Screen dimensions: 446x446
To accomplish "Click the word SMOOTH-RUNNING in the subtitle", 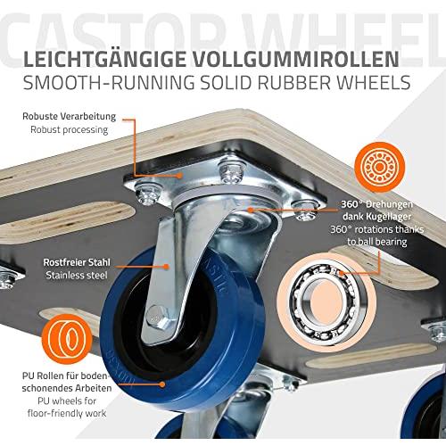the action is [x=109, y=82].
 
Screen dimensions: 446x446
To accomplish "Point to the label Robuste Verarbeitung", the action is [x=69, y=116].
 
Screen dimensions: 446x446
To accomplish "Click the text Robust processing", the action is [x=69, y=129].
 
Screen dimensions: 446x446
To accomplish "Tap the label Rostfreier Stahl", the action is [x=77, y=262].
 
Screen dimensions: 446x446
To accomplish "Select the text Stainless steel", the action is [x=77, y=275].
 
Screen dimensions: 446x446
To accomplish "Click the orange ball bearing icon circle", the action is [x=379, y=167].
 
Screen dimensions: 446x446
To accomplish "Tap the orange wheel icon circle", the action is [x=67, y=340].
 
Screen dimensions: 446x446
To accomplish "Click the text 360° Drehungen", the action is [x=376, y=204].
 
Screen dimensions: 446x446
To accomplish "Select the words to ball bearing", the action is [x=376, y=242].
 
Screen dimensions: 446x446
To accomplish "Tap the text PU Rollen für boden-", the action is [x=64, y=376].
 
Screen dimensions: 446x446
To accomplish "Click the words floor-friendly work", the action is [x=67, y=413].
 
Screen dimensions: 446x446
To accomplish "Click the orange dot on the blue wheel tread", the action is [x=162, y=384].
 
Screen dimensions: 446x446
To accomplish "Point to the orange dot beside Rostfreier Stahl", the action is [x=167, y=267].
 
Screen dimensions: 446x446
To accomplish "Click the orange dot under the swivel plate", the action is [x=251, y=210].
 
